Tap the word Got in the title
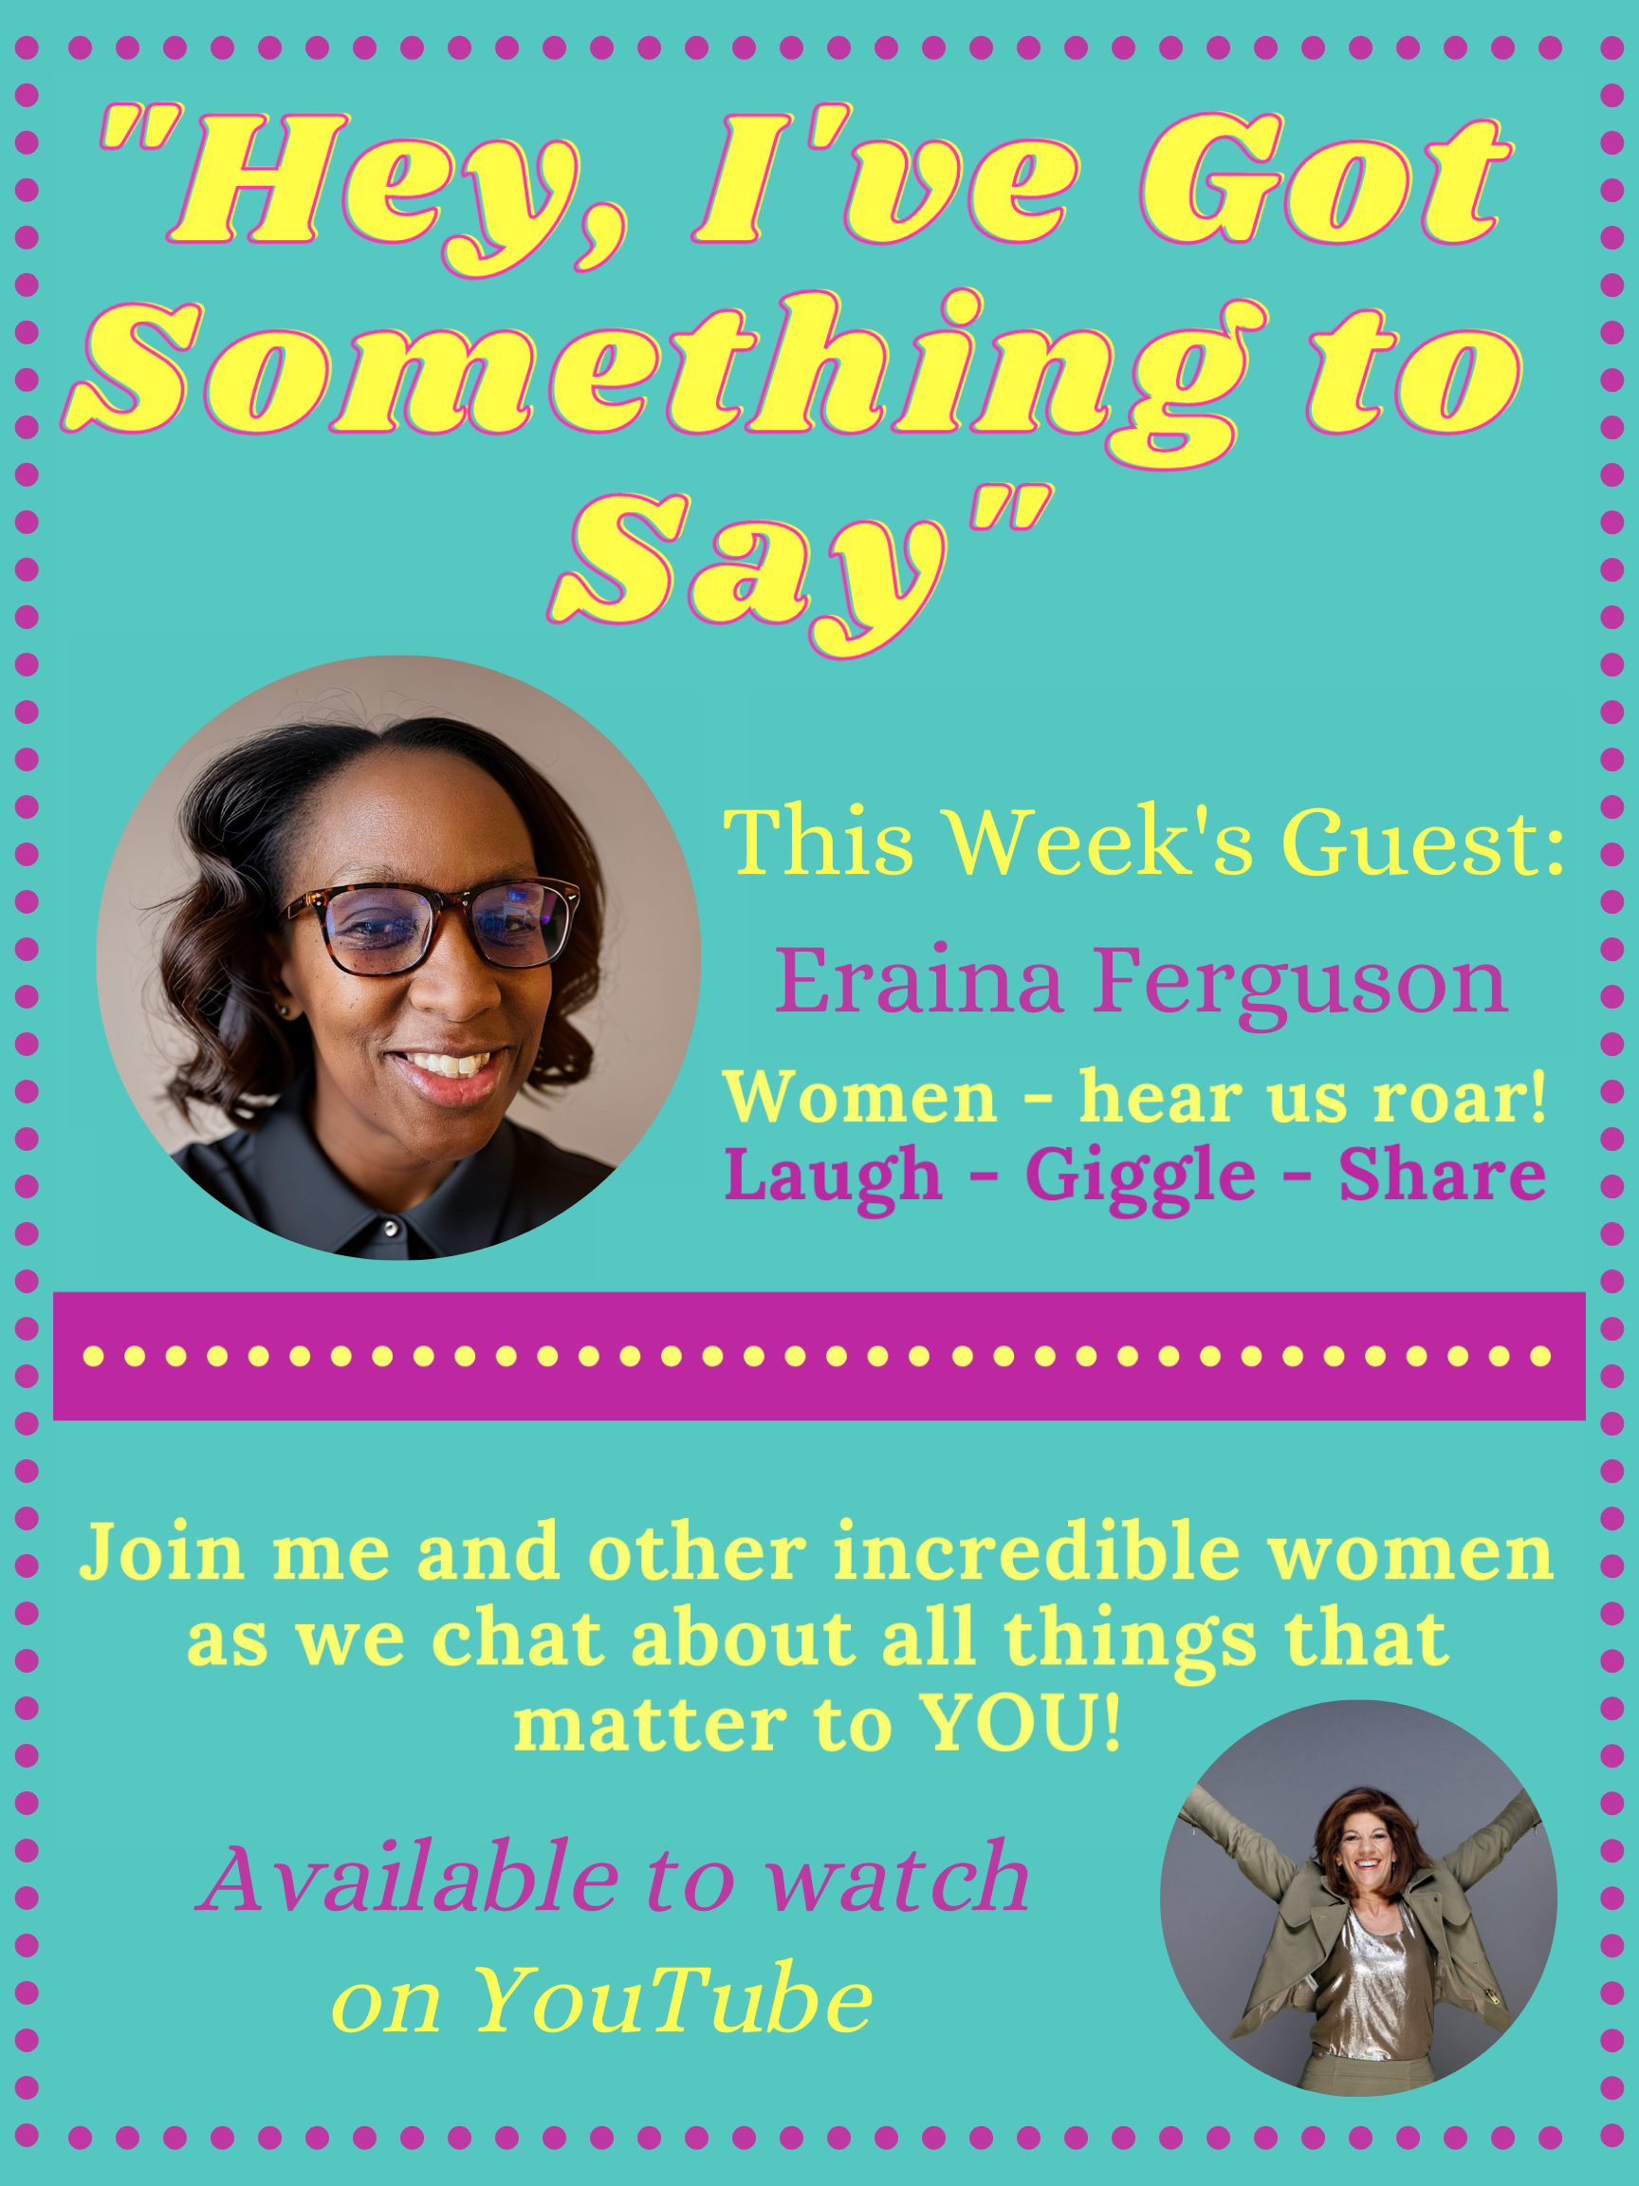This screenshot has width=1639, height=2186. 1324,183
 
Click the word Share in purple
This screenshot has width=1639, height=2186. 1442,1175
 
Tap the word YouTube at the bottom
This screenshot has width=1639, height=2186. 672,2001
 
